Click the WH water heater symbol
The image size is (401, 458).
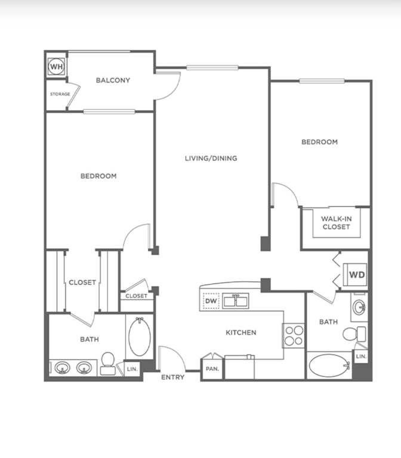coord(56,66)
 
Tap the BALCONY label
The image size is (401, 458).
coord(113,80)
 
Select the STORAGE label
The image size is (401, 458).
coord(60,94)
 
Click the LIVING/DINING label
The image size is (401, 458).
coord(211,158)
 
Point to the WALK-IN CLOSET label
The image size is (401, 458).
coord(337,222)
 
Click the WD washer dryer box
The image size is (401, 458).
coord(355,274)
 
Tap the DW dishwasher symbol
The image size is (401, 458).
coord(211,301)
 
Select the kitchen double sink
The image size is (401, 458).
coord(236,301)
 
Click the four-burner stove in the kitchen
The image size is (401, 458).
coord(294,335)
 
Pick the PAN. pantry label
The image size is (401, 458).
coord(212,369)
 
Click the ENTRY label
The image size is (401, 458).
coord(173,377)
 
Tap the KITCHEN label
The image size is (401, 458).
coord(241,332)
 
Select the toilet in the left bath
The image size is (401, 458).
coord(108,364)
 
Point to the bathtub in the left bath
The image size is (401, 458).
coord(140,337)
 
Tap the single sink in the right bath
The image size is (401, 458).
coord(359,307)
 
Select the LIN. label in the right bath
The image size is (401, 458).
coord(361,356)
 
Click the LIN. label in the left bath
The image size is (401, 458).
coord(132,369)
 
